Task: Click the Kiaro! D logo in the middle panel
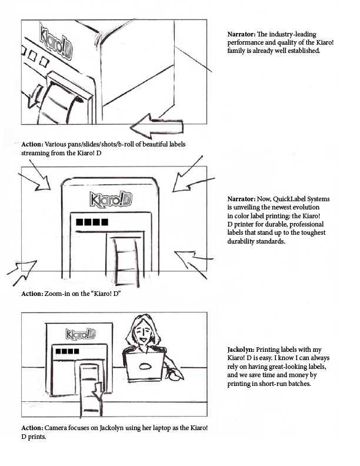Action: (x=111, y=198)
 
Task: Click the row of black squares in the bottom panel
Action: (x=68, y=352)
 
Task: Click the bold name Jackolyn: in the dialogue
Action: (x=243, y=350)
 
